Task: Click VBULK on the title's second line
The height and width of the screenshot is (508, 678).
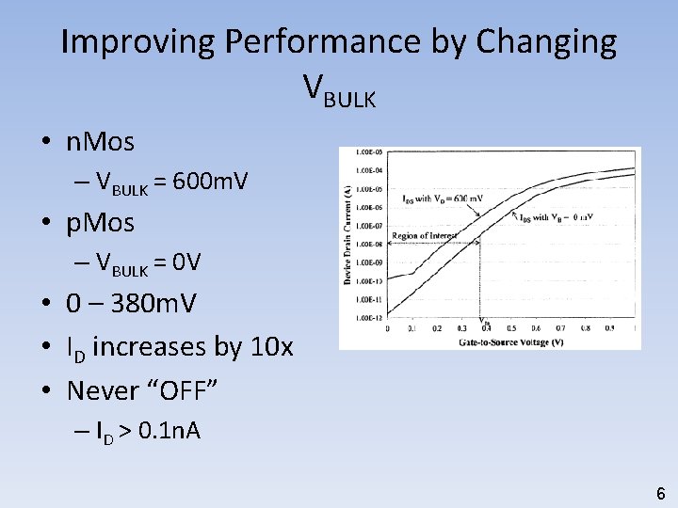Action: click(x=339, y=89)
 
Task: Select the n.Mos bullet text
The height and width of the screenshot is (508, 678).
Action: click(x=100, y=143)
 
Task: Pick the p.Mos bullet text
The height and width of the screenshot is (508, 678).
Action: click(x=100, y=224)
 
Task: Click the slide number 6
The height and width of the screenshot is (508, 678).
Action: click(x=660, y=493)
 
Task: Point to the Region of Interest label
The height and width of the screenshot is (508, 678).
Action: click(x=425, y=235)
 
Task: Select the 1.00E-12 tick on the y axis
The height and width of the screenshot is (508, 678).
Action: click(x=368, y=317)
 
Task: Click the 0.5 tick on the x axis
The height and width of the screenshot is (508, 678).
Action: click(x=511, y=327)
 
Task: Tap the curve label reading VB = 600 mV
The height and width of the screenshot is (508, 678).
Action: click(x=443, y=198)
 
